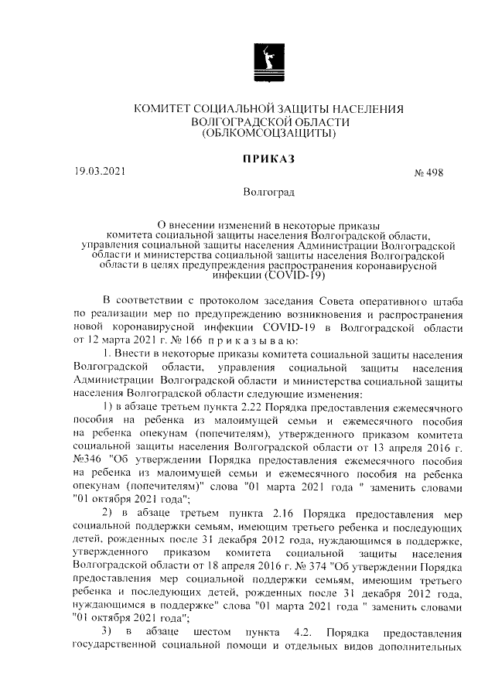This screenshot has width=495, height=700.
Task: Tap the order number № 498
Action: point(425,173)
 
